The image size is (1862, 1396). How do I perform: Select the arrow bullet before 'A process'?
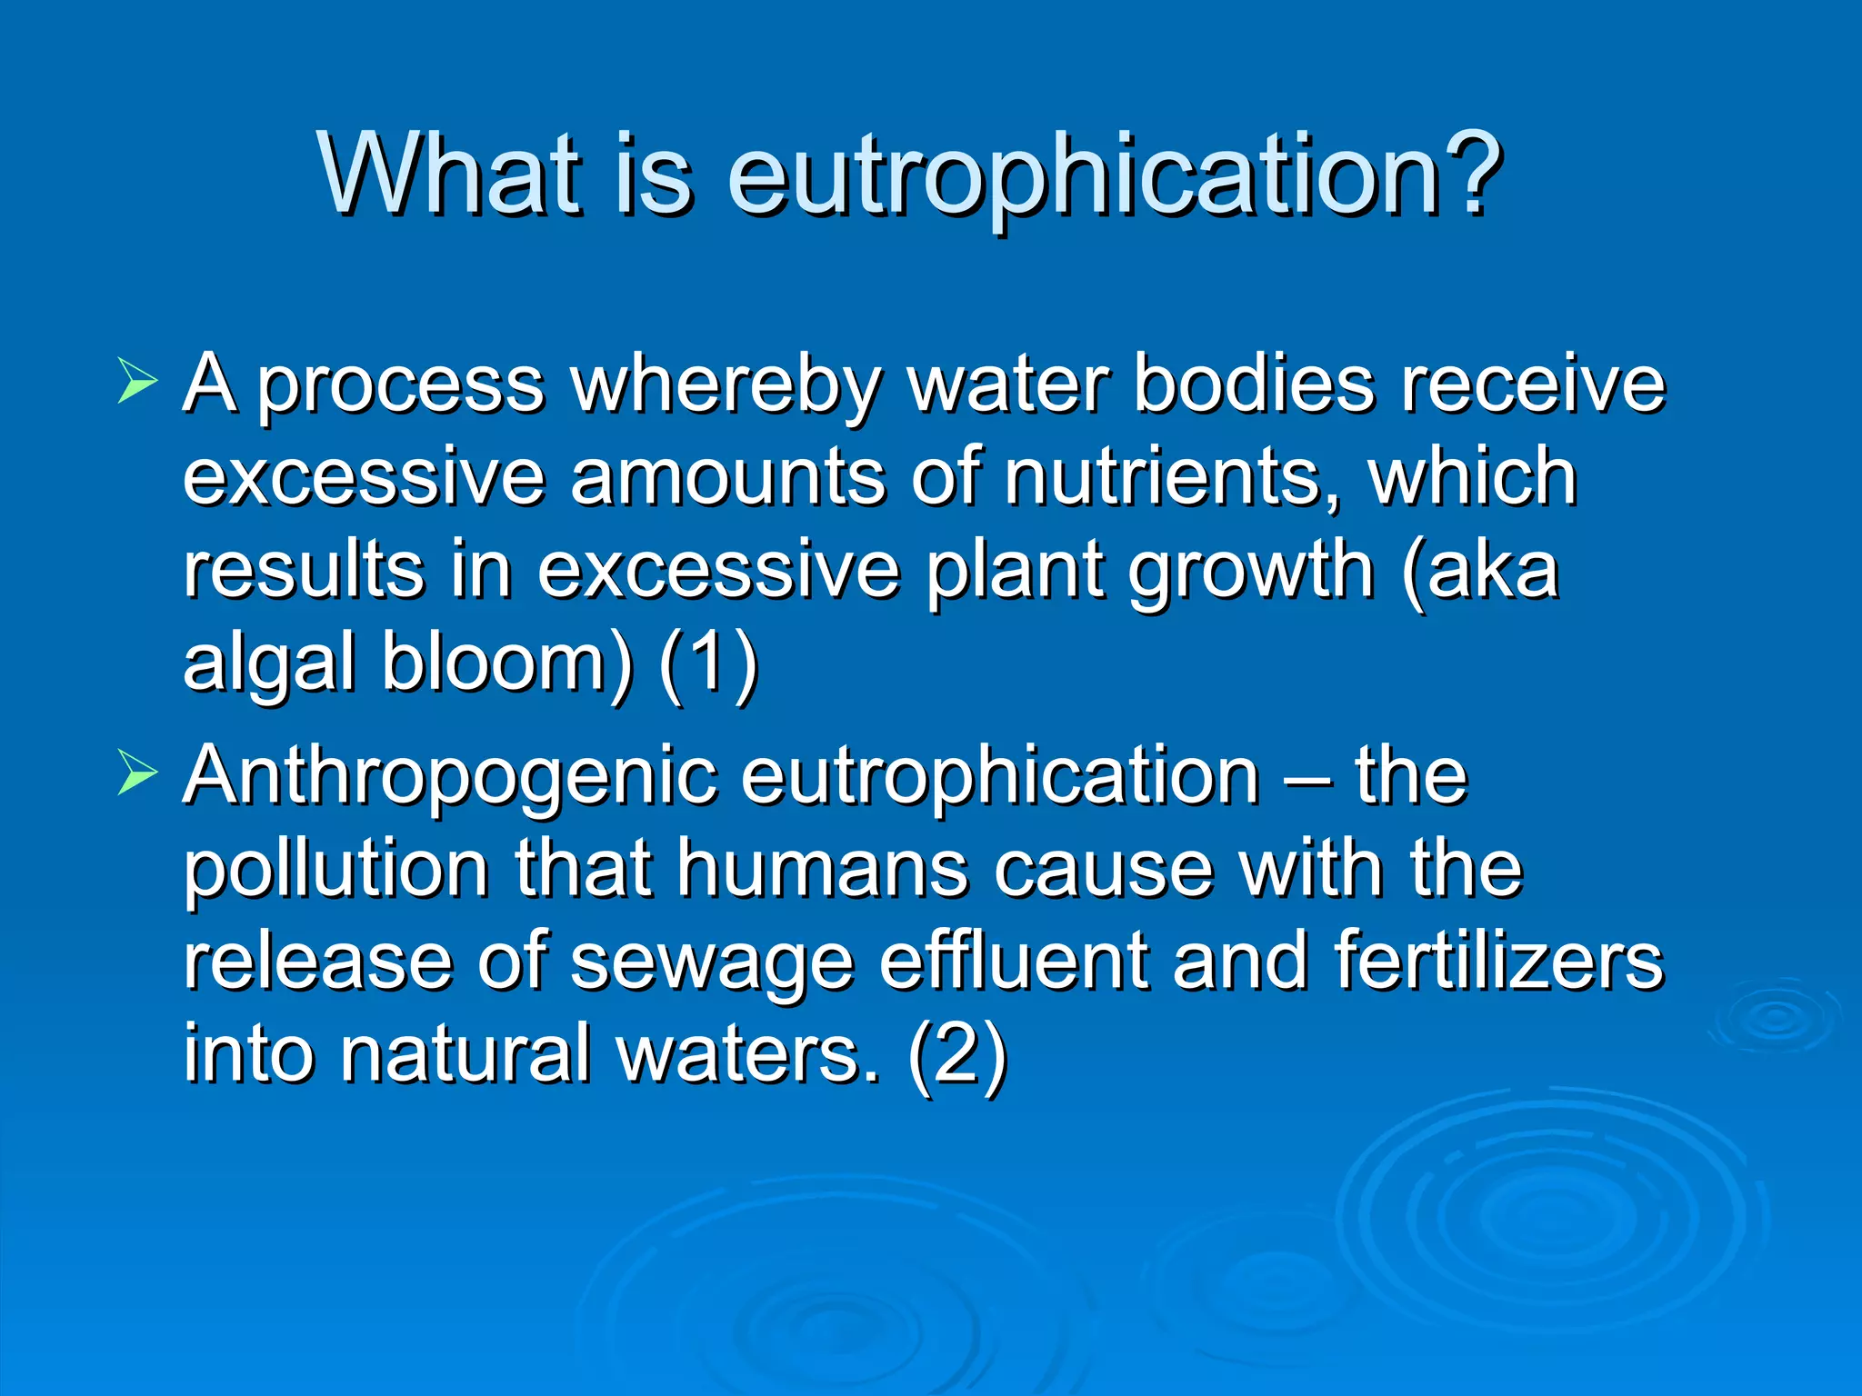tap(137, 380)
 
